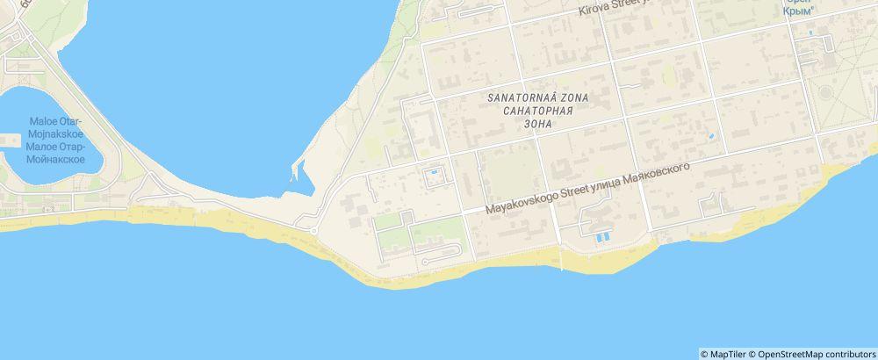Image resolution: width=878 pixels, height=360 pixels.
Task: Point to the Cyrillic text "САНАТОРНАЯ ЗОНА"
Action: click(x=535, y=118)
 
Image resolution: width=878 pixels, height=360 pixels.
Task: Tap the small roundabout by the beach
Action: click(x=313, y=231)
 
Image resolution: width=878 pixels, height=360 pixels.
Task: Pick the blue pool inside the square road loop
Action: click(x=431, y=176)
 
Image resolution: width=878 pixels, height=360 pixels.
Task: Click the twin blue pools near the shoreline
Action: click(x=601, y=237)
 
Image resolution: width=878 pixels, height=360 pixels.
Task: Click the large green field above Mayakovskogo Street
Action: click(x=508, y=171)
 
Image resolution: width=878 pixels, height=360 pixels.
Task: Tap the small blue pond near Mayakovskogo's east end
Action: click(x=710, y=137)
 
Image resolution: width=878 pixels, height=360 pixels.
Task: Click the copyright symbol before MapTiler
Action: click(x=705, y=354)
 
